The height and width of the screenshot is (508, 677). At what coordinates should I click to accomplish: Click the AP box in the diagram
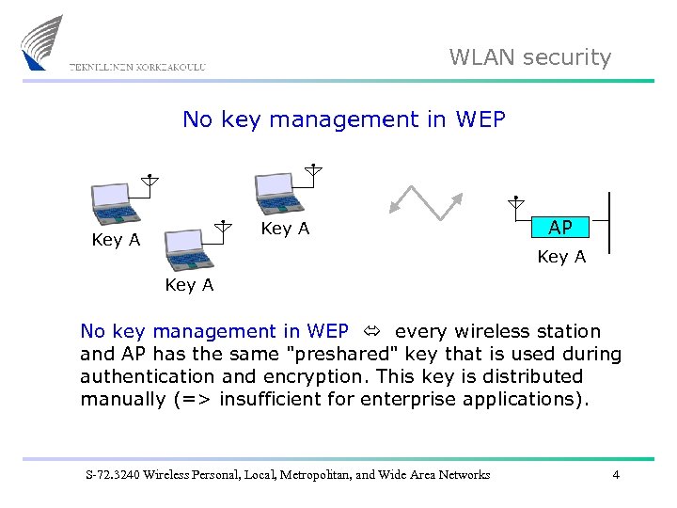click(x=560, y=228)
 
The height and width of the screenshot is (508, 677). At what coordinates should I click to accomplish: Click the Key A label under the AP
click(x=561, y=257)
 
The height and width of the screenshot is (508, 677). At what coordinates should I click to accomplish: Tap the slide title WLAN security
click(x=529, y=57)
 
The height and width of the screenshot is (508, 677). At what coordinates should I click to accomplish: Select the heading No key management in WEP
click(x=343, y=119)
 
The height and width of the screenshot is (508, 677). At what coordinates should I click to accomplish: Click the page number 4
click(x=616, y=475)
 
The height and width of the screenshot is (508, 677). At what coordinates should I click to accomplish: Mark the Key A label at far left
click(x=116, y=240)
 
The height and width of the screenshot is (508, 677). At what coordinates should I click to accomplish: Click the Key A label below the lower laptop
click(x=189, y=285)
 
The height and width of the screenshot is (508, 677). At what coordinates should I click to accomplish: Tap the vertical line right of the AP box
click(x=609, y=222)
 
